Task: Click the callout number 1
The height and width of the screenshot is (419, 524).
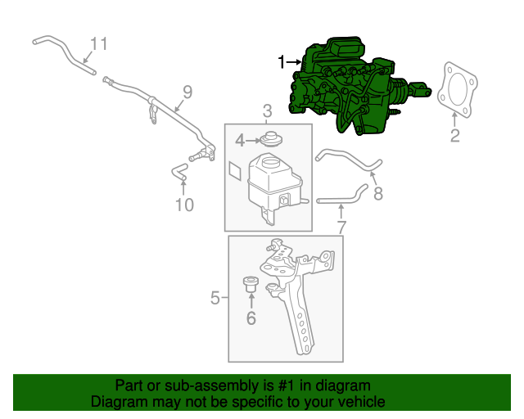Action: click(x=282, y=61)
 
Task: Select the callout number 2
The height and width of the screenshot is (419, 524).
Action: click(x=455, y=136)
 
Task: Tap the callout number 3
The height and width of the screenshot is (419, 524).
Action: click(x=267, y=111)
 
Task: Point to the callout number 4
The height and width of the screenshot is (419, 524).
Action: click(x=240, y=141)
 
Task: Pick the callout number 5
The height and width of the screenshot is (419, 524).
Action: click(x=215, y=298)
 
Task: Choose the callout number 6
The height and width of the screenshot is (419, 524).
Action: click(x=251, y=318)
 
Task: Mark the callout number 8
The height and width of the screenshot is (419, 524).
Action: click(x=377, y=193)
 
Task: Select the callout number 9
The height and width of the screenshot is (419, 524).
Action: click(x=187, y=92)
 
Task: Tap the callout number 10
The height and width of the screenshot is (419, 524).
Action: click(x=184, y=205)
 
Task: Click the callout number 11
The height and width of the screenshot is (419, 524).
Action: click(x=98, y=43)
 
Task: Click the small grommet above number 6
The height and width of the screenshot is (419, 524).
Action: click(x=251, y=286)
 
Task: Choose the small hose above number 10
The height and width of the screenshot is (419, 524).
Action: click(x=179, y=171)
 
